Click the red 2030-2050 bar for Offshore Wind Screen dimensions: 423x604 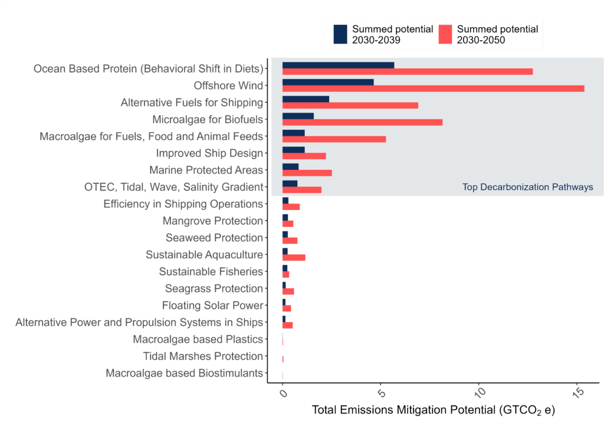[433, 88]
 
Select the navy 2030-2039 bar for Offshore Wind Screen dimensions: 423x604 [328, 82]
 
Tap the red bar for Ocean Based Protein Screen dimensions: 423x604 [407, 71]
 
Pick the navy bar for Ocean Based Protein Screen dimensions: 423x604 [338, 65]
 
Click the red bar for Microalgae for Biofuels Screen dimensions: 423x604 [362, 122]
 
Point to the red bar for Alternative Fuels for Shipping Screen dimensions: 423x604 [350, 106]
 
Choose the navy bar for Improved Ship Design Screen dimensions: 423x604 [293, 150]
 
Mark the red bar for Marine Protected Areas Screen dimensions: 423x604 [307, 173]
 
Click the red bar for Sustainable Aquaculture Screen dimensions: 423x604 [293, 258]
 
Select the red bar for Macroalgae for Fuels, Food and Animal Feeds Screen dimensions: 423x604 [334, 139]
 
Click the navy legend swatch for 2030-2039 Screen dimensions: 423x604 [340, 34]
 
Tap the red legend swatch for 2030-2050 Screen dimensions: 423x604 [445, 34]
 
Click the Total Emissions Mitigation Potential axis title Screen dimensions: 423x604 [433, 409]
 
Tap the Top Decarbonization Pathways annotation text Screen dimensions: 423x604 [527, 188]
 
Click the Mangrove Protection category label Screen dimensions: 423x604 [212, 221]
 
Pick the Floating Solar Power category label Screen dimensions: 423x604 [212, 306]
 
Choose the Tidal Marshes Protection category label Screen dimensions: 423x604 [202, 356]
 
